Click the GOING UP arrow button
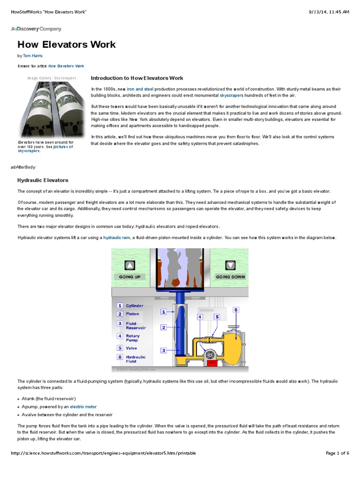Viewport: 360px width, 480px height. (129, 266)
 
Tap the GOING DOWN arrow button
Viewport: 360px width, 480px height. (230, 266)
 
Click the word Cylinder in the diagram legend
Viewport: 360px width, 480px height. (135, 306)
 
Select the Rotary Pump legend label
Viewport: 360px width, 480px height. (133, 338)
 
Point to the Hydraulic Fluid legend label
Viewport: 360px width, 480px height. (135, 359)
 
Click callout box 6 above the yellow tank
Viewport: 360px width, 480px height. (236, 310)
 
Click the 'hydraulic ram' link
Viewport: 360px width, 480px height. (117, 238)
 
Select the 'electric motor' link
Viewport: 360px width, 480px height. (83, 407)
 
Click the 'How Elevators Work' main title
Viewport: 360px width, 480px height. (67, 45)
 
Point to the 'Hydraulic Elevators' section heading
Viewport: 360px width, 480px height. (43, 180)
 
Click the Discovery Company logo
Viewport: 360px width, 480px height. (36, 29)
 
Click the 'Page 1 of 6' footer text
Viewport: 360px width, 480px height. (337, 453)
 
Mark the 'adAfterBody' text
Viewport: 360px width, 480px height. (22, 167)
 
